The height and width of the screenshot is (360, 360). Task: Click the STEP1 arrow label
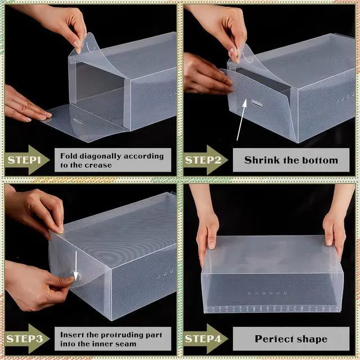pyautogui.click(x=27, y=160)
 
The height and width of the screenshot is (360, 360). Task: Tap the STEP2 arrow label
pyautogui.click(x=206, y=160)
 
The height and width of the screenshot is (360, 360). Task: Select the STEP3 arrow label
pyautogui.click(x=27, y=339)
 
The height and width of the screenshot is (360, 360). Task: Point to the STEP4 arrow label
pyautogui.click(x=206, y=339)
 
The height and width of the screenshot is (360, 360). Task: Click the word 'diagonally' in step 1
pyautogui.click(x=97, y=156)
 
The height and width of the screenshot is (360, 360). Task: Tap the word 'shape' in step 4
pyautogui.click(x=311, y=339)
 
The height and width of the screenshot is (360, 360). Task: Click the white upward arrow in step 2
pyautogui.click(x=241, y=120)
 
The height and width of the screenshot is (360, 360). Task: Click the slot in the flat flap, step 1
pyautogui.click(x=78, y=121)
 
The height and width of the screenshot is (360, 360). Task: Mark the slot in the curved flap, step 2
pyautogui.click(x=257, y=103)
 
